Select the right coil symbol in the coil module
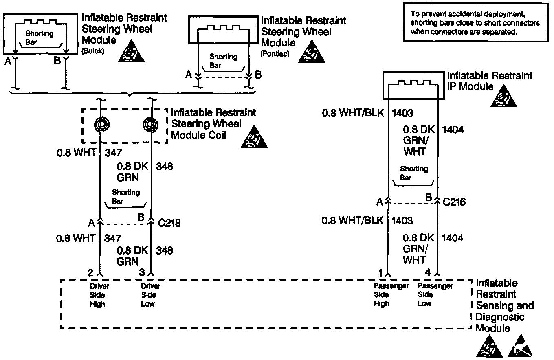(151, 125)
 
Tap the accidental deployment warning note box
(475, 23)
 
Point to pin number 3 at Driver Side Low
(142, 272)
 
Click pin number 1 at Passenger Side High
(380, 272)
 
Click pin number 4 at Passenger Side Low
(427, 272)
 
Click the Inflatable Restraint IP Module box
(412, 84)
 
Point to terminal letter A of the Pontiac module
(188, 74)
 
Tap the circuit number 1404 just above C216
(453, 130)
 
